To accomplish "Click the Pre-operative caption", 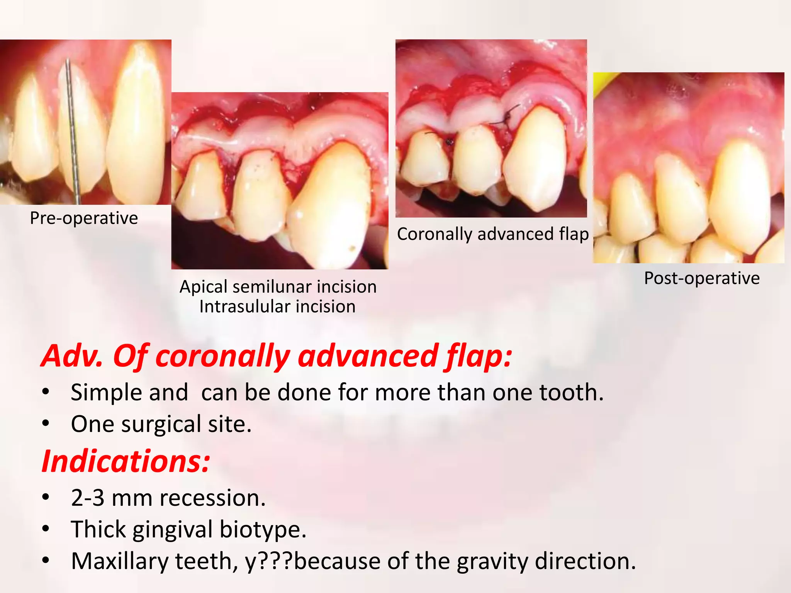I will click(84, 219).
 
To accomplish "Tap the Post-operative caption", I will click(701, 278).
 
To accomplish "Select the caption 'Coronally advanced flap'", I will click(492, 234).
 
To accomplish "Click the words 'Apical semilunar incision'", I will click(278, 287).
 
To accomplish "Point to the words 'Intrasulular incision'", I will click(277, 307).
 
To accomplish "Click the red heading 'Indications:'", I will click(126, 461).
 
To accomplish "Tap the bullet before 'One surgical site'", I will click(46, 424).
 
